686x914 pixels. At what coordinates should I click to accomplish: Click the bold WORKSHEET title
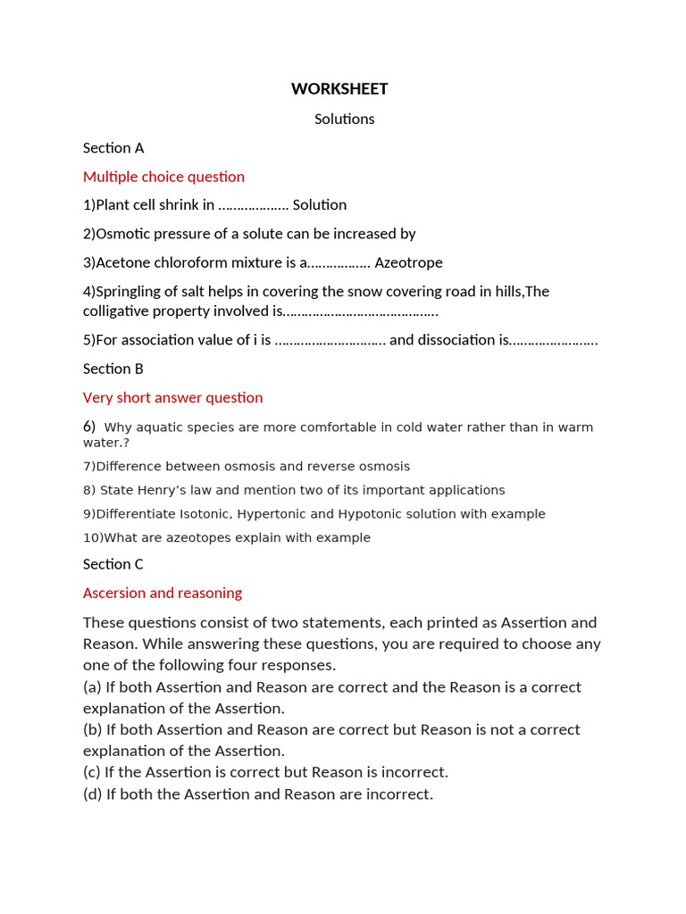pyautogui.click(x=339, y=89)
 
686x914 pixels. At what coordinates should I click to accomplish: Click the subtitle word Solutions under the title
pyautogui.click(x=344, y=119)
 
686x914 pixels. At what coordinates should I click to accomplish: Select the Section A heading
pyautogui.click(x=113, y=148)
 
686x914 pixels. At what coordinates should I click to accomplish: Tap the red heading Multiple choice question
pyautogui.click(x=163, y=177)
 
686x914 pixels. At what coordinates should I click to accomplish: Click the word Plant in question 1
pyautogui.click(x=113, y=205)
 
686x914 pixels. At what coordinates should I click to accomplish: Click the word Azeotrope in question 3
pyautogui.click(x=408, y=263)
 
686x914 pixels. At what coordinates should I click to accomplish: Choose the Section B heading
pyautogui.click(x=113, y=369)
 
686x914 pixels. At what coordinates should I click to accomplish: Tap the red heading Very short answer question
pyautogui.click(x=172, y=397)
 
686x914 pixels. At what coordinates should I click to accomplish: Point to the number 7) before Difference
pyautogui.click(x=88, y=467)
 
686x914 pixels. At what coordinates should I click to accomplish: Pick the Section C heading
pyautogui.click(x=113, y=564)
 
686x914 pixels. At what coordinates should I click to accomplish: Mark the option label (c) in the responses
pyautogui.click(x=92, y=772)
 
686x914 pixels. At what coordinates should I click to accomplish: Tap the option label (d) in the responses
pyautogui.click(x=92, y=794)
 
